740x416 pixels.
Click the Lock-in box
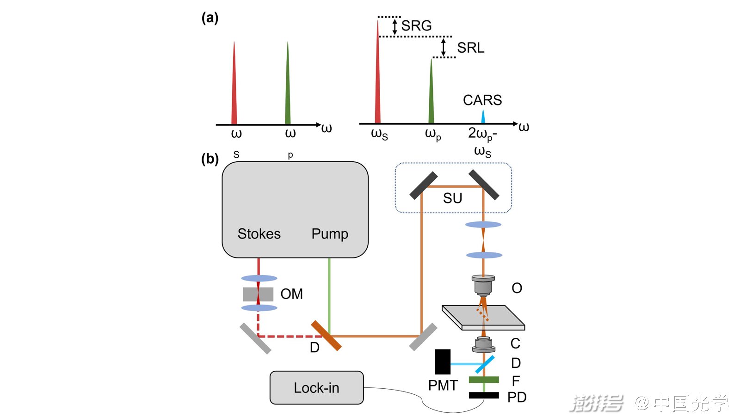(x=316, y=387)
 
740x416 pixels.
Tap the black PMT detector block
(x=443, y=361)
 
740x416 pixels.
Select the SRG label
(x=416, y=26)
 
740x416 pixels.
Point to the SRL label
(x=470, y=48)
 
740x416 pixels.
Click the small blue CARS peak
(x=483, y=117)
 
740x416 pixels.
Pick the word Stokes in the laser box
(x=259, y=234)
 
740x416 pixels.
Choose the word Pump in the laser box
(x=330, y=234)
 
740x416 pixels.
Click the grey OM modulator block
(x=258, y=294)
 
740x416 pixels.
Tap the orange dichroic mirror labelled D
(x=326, y=336)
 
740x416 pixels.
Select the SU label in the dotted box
(x=452, y=198)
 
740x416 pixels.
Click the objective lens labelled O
(x=483, y=285)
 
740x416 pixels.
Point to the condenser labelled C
(x=484, y=344)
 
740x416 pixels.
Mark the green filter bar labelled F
(x=484, y=380)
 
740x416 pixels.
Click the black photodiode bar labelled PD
(x=484, y=395)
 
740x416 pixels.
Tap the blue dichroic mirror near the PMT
(x=485, y=364)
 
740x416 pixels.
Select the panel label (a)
(x=210, y=18)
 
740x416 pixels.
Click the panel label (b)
(x=210, y=159)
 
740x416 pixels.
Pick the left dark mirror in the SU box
(x=424, y=185)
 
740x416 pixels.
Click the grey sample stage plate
(x=483, y=318)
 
